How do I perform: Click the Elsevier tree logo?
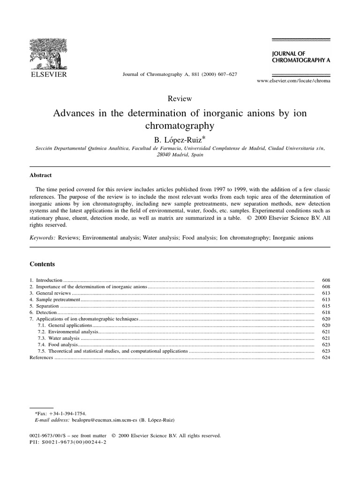click(48, 53)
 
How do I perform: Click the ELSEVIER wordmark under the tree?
click(49, 74)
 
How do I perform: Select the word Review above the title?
click(180, 98)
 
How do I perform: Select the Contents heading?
click(42, 264)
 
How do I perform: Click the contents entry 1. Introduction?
click(45, 279)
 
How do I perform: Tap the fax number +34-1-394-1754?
click(70, 414)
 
